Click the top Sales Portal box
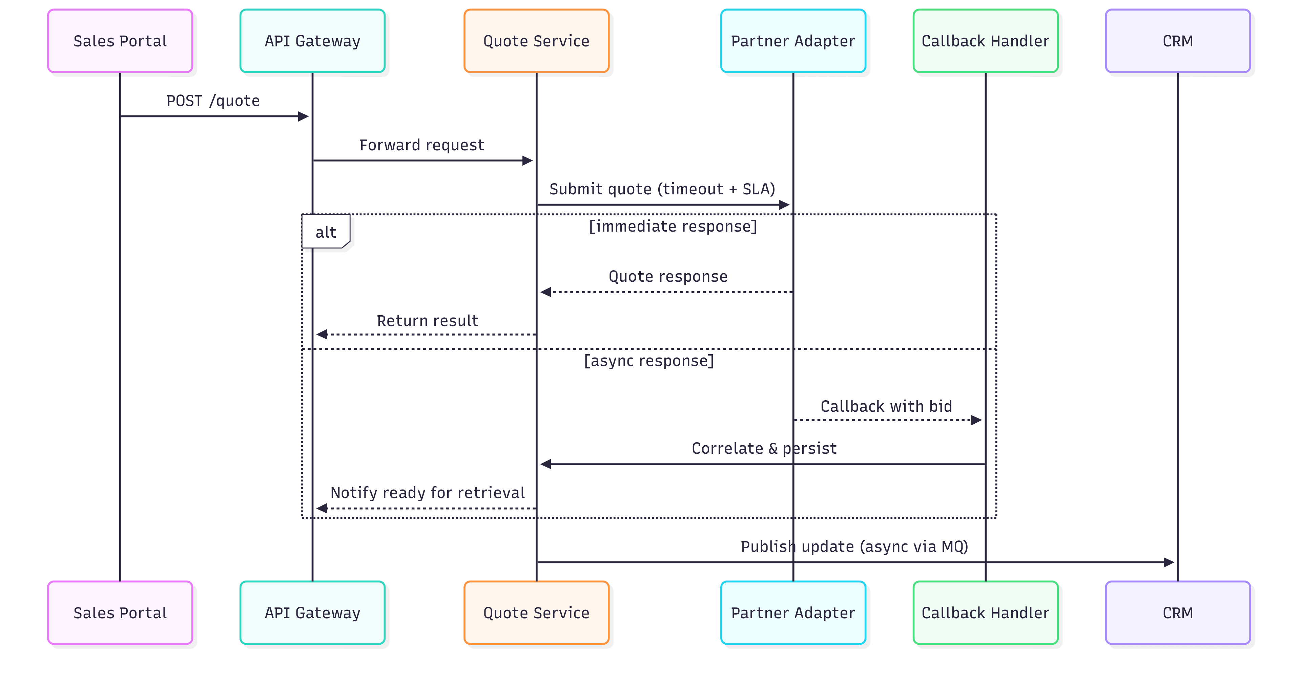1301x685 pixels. coord(120,41)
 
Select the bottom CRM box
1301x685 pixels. coord(1177,613)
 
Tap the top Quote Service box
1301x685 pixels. coord(536,41)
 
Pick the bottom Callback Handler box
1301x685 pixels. coord(985,613)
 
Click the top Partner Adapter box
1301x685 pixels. coord(792,41)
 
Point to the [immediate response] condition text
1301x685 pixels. coord(673,226)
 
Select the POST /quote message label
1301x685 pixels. coord(213,101)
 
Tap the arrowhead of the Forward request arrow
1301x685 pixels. coord(528,160)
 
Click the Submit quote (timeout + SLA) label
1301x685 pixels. coord(662,189)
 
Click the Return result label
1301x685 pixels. coord(427,321)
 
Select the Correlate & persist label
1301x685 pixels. coord(764,449)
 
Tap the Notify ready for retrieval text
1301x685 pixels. coord(427,493)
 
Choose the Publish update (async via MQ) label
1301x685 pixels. coord(854,547)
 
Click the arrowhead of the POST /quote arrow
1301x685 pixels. coord(304,116)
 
